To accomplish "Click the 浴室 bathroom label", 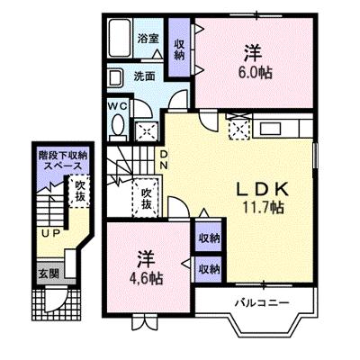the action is (x=148, y=39).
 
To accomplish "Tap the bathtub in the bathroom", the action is (x=120, y=38).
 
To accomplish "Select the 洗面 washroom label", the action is (x=144, y=76).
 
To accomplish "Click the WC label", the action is (x=118, y=105).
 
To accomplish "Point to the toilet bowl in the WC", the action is (x=119, y=125).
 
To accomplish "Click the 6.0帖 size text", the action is (x=256, y=73).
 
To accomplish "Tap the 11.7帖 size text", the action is (x=263, y=207).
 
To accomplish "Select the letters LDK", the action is (x=263, y=189).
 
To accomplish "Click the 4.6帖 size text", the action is (x=146, y=279).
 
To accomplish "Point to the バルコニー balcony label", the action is (x=262, y=302).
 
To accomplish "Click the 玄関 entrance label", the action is (x=49, y=274).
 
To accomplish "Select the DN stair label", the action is (x=164, y=160).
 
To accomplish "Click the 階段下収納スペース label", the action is (x=63, y=160).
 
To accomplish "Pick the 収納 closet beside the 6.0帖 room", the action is (x=179, y=48).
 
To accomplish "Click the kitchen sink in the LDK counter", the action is (x=270, y=129).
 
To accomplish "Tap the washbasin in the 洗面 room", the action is (x=115, y=78).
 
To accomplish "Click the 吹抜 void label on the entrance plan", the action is (x=80, y=191).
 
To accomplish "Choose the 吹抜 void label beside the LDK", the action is (x=147, y=199).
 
